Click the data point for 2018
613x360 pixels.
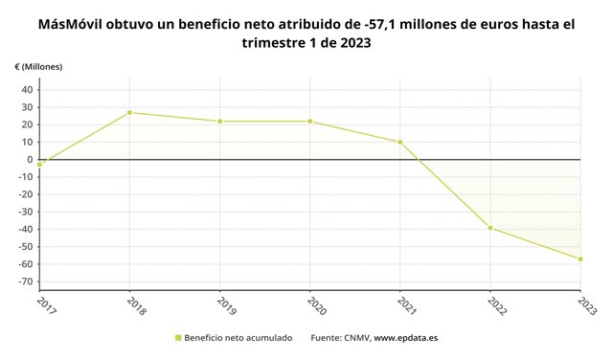point(129,113)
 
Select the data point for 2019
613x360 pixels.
point(219,122)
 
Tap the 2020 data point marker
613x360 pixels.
point(310,122)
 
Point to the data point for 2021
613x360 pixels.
point(400,143)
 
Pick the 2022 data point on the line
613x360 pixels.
point(490,228)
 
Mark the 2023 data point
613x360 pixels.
point(580,259)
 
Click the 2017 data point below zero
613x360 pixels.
point(39,165)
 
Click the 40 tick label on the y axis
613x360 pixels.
point(27,90)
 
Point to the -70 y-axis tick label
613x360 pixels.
point(26,281)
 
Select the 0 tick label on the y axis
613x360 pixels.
point(30,160)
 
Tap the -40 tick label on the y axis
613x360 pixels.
point(26,230)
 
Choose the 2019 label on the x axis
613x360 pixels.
point(227,306)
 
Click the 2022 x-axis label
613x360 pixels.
point(497,306)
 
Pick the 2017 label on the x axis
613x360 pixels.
point(47,306)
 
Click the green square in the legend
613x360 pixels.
point(178,338)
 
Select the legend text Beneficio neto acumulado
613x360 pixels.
point(238,338)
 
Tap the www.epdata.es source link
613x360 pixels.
point(406,338)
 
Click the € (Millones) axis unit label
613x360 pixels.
point(38,67)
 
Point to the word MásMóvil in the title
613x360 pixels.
point(70,25)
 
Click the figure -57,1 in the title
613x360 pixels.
point(377,25)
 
